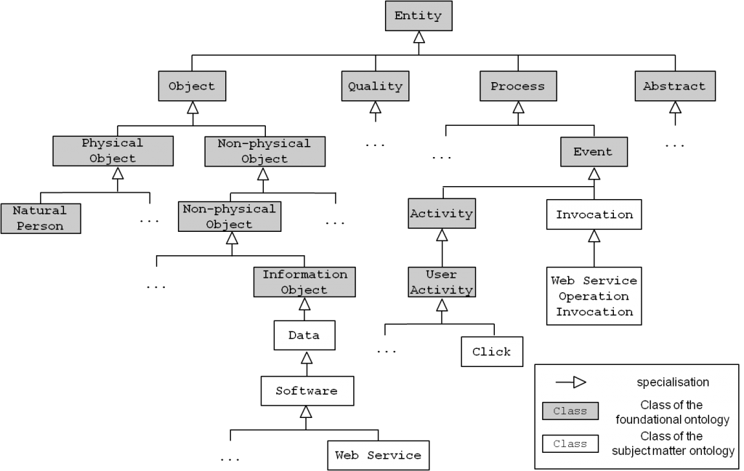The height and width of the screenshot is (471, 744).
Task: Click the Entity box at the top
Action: (418, 16)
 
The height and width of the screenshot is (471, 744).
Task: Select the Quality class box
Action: (375, 86)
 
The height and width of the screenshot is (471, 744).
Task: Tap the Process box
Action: (517, 86)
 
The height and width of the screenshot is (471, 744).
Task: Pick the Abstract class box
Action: (674, 86)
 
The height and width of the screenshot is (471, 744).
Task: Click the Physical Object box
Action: (113, 150)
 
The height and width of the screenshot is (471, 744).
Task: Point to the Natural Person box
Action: (41, 218)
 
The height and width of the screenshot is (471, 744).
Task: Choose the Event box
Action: (593, 152)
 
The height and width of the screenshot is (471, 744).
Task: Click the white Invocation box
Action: (594, 214)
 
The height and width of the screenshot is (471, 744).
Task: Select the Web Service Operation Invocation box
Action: (594, 296)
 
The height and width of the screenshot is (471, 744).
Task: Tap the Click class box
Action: (491, 352)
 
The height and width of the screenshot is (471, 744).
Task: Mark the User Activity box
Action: (441, 282)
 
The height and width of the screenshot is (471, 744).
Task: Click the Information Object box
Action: (304, 282)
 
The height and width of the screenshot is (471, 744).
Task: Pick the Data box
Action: (304, 336)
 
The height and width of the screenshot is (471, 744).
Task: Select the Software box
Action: (307, 391)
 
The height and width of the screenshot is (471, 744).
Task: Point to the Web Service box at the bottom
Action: (378, 456)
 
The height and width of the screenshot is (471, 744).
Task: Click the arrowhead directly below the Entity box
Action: (419, 38)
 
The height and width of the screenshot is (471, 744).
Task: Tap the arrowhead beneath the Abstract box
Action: (675, 108)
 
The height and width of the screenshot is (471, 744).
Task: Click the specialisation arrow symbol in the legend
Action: (571, 382)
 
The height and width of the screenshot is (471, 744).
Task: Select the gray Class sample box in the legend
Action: (570, 411)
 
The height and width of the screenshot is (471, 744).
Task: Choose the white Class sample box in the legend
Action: (570, 443)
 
